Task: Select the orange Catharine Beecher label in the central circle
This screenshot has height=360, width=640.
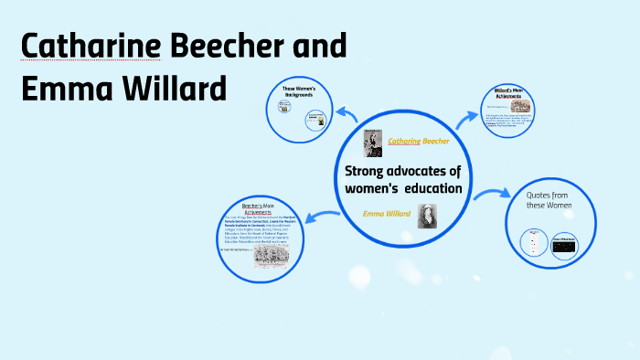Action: point(420,141)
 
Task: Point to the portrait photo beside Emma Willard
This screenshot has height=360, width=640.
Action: point(428,216)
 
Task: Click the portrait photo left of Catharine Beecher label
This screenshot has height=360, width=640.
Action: point(372,143)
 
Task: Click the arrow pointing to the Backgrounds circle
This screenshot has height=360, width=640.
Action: point(346,113)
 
